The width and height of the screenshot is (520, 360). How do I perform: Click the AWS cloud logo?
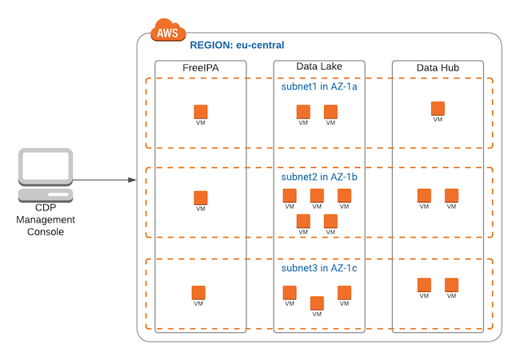point(167,34)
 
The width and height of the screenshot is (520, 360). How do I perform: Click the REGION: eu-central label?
point(237,46)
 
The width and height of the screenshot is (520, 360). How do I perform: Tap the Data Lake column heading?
point(318,69)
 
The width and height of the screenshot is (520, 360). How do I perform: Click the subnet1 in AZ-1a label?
point(319,87)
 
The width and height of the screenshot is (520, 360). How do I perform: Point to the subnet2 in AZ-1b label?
point(319,177)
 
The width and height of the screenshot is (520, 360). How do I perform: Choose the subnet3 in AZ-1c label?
point(319,269)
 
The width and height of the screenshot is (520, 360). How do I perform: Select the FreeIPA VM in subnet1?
point(201,112)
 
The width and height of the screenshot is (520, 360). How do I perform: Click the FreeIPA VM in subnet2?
point(201,198)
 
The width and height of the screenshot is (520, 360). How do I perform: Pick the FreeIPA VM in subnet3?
point(198,293)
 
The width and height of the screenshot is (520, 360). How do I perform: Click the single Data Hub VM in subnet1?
point(438,108)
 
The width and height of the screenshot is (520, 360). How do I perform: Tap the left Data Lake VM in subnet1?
point(303,112)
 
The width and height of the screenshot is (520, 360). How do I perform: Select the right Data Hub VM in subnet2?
point(451,195)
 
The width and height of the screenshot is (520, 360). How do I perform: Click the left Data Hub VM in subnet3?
point(424,285)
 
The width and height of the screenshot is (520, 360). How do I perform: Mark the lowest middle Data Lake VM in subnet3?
point(317,303)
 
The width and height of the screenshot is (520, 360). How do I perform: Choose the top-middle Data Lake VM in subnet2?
point(317,195)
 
